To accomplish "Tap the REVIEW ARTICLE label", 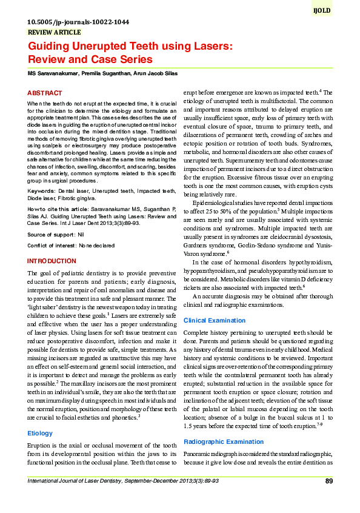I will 54,32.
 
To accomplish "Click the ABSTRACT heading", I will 45,93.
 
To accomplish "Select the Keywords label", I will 41,191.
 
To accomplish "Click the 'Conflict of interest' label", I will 52,246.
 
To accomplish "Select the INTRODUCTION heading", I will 52,261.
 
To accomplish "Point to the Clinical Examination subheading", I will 215,320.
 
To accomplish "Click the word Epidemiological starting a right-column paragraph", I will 215,201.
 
